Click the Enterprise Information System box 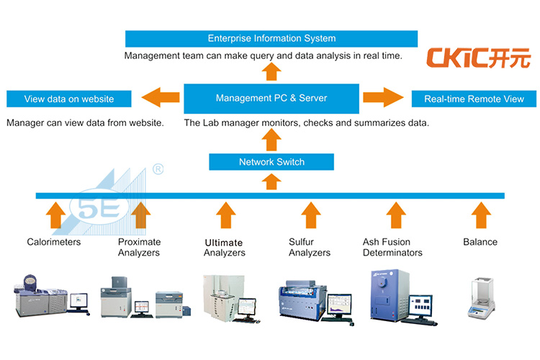click(x=271, y=38)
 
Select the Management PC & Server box click(x=271, y=98)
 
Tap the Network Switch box click(x=271, y=162)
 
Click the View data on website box click(x=69, y=99)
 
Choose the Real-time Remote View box click(x=474, y=99)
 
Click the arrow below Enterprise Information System click(x=271, y=71)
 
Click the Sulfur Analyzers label click(x=310, y=248)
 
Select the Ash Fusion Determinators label click(x=392, y=248)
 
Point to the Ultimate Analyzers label click(x=224, y=248)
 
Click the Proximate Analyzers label click(x=139, y=248)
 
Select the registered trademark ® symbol click(x=158, y=170)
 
